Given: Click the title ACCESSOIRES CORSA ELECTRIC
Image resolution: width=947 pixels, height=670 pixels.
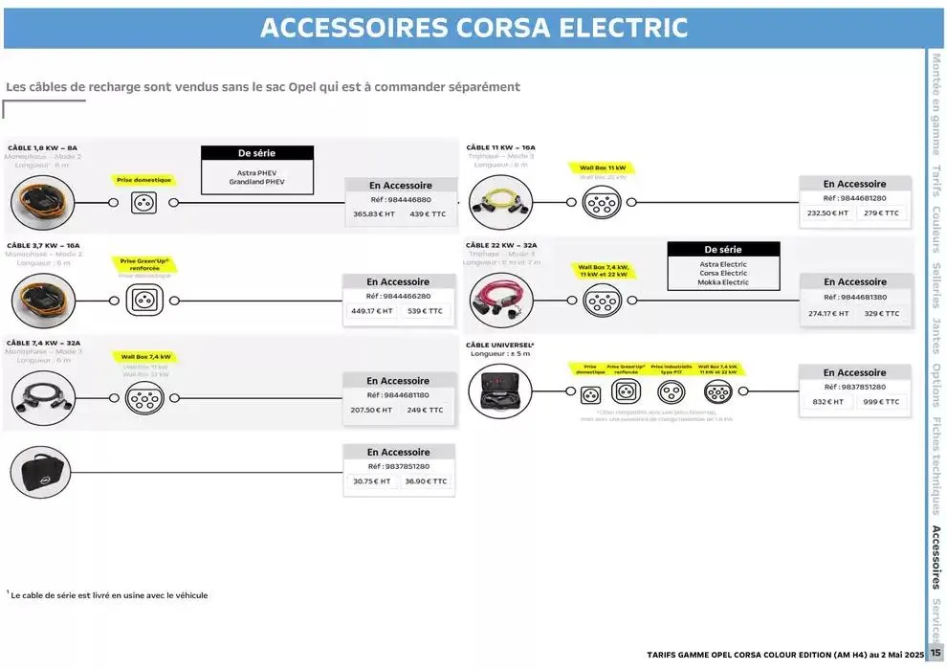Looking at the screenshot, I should pyautogui.click(x=473, y=27).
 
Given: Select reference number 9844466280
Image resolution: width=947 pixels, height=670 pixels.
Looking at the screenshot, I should pyautogui.click(x=398, y=297).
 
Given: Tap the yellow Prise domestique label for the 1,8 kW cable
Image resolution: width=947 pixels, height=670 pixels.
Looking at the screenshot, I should pyautogui.click(x=143, y=179).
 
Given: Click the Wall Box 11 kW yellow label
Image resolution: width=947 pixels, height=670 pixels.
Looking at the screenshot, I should pyautogui.click(x=602, y=167).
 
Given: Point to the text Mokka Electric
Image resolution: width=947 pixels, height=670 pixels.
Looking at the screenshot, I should pyautogui.click(x=723, y=282).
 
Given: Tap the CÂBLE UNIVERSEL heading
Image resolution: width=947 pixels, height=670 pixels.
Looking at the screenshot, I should pyautogui.click(x=499, y=344).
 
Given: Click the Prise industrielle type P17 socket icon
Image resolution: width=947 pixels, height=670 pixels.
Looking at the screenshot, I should pyautogui.click(x=671, y=391).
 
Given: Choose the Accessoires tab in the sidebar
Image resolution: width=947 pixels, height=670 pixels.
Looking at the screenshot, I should pyautogui.click(x=936, y=556).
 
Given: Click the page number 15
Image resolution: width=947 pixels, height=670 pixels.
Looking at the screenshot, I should pyautogui.click(x=935, y=654).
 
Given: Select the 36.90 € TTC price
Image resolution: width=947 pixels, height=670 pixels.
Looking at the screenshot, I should pyautogui.click(x=426, y=481).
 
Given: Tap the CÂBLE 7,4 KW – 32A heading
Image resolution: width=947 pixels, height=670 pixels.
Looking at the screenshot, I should pyautogui.click(x=43, y=342).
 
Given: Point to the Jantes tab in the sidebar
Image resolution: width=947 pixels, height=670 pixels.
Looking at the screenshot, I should pyautogui.click(x=936, y=334).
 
